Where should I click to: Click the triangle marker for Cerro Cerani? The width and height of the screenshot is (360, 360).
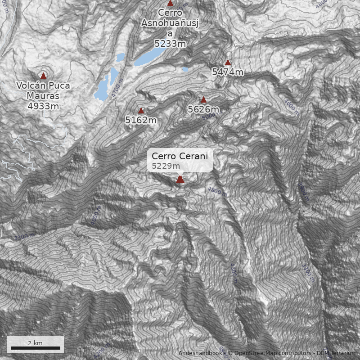(x=180, y=180)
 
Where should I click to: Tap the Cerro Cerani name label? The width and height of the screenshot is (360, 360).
(x=180, y=156)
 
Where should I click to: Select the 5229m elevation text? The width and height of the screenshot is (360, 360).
(x=162, y=166)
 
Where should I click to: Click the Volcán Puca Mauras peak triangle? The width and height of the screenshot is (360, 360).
(x=43, y=76)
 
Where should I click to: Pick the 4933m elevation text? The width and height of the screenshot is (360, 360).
(x=43, y=106)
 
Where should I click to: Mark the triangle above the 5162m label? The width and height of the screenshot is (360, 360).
(x=141, y=111)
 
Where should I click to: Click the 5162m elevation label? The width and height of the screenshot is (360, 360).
(x=141, y=120)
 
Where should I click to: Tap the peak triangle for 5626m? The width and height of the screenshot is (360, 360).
(x=203, y=100)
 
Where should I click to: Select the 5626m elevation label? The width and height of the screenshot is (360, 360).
(x=203, y=109)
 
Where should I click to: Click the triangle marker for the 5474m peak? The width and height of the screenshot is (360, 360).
(x=228, y=63)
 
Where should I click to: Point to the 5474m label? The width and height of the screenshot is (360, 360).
(x=228, y=72)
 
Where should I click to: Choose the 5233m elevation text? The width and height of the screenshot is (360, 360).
(x=170, y=43)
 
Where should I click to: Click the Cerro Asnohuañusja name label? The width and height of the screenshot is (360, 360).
(x=170, y=23)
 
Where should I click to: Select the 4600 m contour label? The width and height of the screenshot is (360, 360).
(x=292, y=106)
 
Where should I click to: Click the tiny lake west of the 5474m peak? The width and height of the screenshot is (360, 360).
(x=185, y=70)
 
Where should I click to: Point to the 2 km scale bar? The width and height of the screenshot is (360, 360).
(x=36, y=348)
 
